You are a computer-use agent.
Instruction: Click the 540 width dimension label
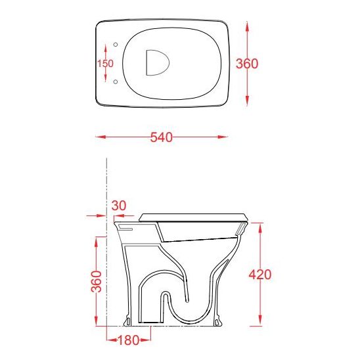tap(162, 137)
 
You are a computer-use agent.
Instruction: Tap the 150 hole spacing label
tap(105, 64)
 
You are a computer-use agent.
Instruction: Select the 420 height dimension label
tap(260, 275)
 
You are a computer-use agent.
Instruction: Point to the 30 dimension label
tap(119, 206)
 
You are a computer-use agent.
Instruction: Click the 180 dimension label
tap(128, 340)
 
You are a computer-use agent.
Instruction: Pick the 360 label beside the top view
tap(247, 64)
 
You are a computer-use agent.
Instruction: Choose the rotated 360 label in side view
tap(96, 281)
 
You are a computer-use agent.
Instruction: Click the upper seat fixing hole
tap(116, 45)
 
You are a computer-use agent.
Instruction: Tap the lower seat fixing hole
tap(116, 81)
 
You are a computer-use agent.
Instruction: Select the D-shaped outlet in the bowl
tap(157, 62)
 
